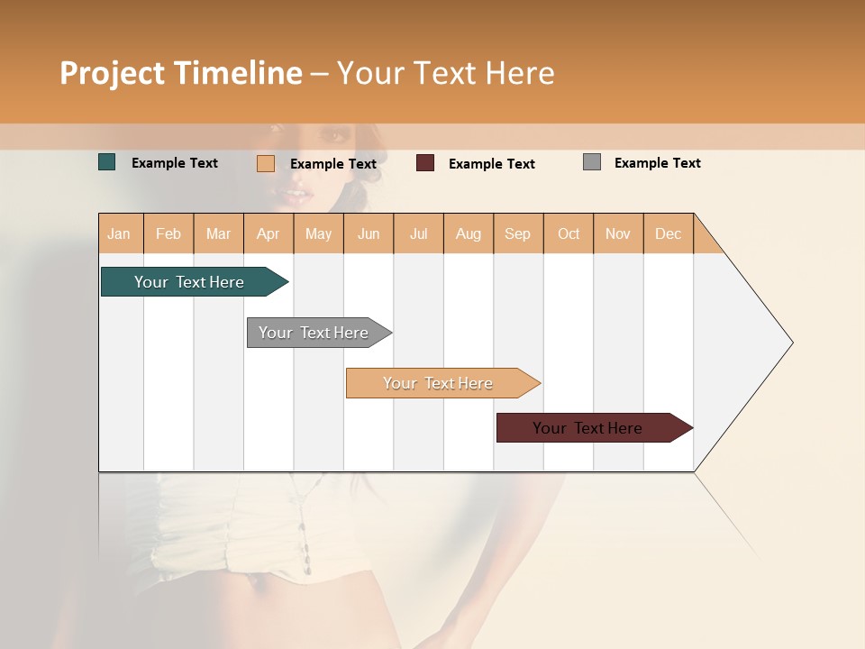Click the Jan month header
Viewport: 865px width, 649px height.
(120, 233)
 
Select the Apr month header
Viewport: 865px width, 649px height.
(269, 233)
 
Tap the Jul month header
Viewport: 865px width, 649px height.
(419, 233)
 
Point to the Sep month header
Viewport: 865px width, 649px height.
(518, 233)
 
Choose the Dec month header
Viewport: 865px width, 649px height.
(669, 233)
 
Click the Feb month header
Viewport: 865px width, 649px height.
(168, 233)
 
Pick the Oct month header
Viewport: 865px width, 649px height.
(569, 233)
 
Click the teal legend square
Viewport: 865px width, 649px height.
(107, 162)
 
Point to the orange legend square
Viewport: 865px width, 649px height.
(266, 163)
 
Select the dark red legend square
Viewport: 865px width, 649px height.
(425, 163)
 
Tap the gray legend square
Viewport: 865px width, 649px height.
(592, 162)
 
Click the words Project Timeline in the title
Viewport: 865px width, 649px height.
(180, 73)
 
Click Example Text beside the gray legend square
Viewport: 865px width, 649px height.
(657, 163)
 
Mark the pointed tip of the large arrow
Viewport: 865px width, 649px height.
(791, 343)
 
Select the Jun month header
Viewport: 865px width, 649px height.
(369, 233)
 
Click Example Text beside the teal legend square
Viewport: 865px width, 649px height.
(174, 163)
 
